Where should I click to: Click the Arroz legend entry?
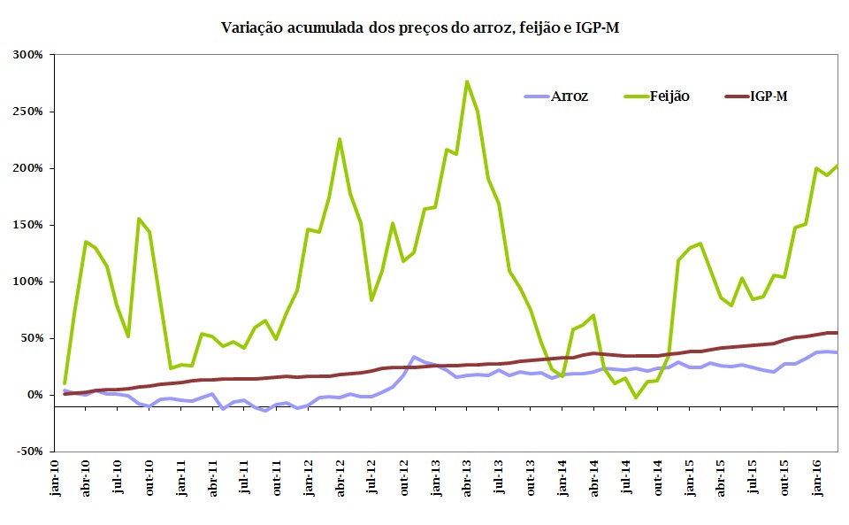coord(568,96)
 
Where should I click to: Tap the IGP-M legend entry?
coord(768,96)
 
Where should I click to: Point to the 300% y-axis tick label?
coord(28,55)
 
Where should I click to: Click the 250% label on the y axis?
coord(28,112)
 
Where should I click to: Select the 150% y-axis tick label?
coord(28,225)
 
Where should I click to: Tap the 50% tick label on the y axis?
coord(31,338)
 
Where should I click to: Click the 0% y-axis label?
coord(34,395)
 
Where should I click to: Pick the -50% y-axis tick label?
coord(29,452)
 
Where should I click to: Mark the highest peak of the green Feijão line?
coord(467,81)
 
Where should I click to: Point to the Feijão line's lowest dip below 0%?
coord(636,398)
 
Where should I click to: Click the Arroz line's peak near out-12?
coord(414,357)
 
